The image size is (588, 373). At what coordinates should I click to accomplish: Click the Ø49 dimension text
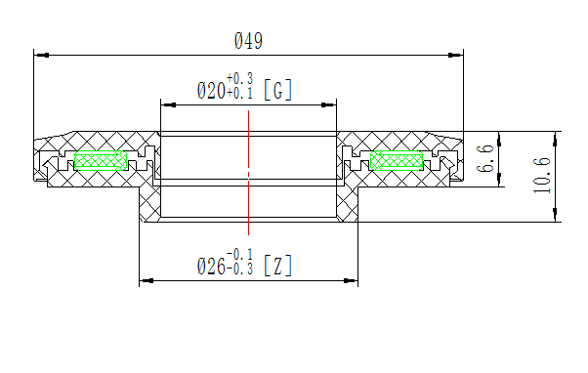[x=248, y=41]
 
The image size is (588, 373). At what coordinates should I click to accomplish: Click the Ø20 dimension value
[x=210, y=92]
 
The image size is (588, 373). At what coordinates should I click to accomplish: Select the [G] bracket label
[x=278, y=92]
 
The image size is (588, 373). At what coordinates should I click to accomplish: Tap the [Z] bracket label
[x=278, y=266]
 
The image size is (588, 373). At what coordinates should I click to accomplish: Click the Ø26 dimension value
[x=210, y=266]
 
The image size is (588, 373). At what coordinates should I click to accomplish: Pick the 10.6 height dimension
[x=543, y=176]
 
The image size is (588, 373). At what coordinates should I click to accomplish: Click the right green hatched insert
[x=398, y=159]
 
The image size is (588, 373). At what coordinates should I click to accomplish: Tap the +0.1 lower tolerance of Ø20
[x=239, y=93]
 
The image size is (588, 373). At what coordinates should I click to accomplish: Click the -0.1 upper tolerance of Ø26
[x=239, y=254]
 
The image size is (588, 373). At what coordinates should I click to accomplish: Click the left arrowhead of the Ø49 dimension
[x=39, y=55]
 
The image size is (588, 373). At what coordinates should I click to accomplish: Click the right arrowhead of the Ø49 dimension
[x=457, y=55]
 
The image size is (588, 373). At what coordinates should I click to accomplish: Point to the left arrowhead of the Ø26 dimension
[x=145, y=281]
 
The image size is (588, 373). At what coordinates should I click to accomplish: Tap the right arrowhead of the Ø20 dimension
[x=331, y=104]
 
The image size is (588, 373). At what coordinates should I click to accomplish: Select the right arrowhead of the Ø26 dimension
[x=352, y=281]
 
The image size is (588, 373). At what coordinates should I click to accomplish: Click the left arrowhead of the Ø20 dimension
[x=165, y=104]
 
